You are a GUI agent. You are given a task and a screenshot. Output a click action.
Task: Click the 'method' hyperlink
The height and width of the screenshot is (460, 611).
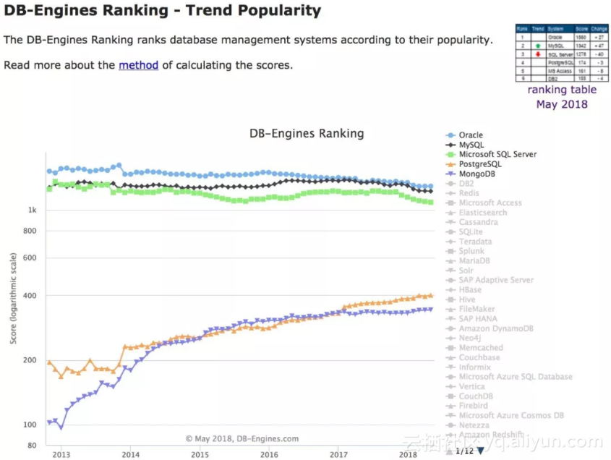138,65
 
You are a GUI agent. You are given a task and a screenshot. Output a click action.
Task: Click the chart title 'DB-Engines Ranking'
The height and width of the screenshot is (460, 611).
307,133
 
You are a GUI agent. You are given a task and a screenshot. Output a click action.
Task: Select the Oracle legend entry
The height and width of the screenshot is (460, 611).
471,135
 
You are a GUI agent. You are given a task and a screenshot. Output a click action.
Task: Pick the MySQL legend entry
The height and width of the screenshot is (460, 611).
471,145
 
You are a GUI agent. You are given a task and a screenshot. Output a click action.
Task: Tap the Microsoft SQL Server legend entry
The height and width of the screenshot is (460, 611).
497,154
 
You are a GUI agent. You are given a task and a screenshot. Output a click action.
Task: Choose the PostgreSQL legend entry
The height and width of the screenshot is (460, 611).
480,164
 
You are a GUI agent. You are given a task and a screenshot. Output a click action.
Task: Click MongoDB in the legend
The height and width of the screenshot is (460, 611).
477,174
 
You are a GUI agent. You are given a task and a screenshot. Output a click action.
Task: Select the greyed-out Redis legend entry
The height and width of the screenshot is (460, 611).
469,193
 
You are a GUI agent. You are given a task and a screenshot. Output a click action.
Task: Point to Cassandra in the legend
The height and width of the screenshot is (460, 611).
477,222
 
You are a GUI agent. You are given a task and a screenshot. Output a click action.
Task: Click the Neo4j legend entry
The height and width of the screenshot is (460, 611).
470,338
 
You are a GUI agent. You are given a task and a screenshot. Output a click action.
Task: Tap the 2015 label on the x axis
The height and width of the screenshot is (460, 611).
200,455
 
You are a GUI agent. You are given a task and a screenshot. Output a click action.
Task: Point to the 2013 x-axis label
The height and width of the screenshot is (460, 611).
61,455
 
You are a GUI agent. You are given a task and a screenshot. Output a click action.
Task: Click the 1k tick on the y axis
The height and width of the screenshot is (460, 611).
32,210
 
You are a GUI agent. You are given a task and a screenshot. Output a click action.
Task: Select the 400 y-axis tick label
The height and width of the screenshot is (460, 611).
30,296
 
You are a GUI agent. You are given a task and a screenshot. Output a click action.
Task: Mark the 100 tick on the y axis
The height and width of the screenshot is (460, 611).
30,425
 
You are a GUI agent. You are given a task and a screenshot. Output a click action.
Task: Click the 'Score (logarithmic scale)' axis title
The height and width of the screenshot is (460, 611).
13,296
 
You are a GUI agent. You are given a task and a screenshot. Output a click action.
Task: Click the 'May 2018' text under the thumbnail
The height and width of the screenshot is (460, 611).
562,104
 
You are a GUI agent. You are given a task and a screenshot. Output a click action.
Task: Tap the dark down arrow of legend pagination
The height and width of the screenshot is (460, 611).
481,451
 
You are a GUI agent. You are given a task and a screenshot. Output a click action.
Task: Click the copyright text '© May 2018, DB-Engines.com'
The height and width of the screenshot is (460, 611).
242,438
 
